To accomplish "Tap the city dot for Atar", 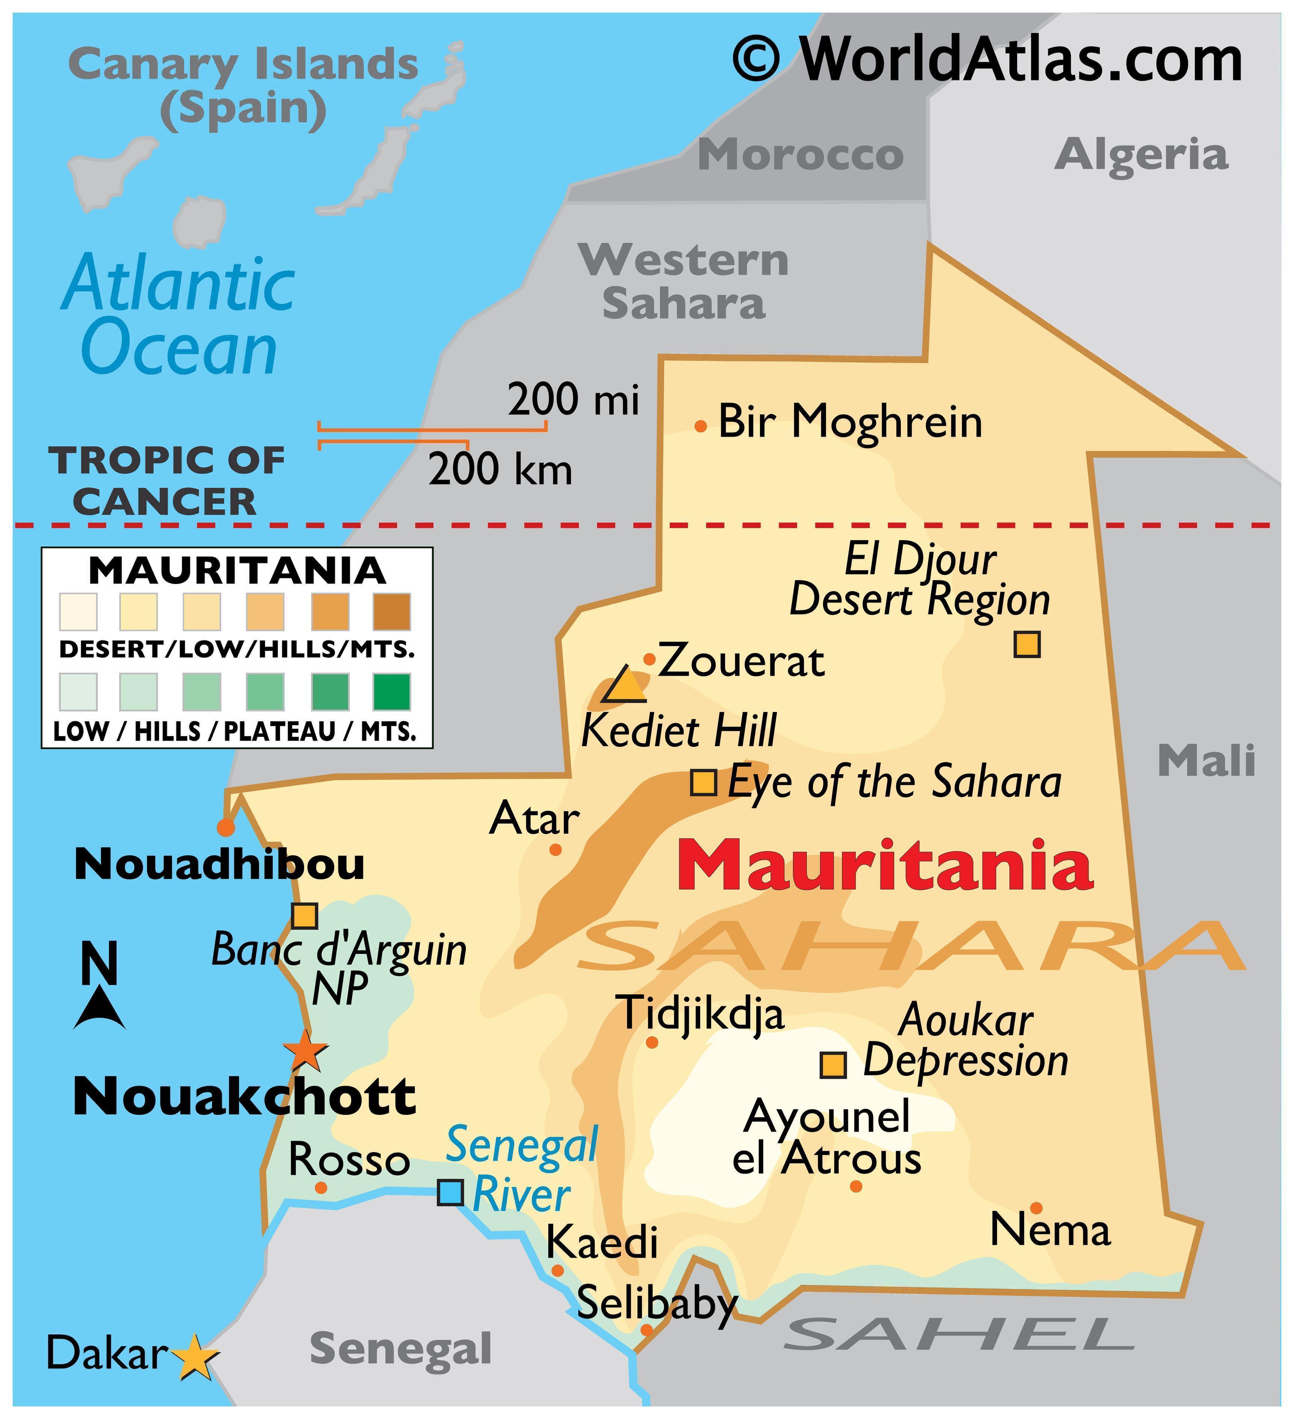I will click(555, 850).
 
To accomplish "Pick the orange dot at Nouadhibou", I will click(225, 827).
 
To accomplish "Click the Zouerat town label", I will click(741, 662).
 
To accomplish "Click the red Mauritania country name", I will click(885, 865).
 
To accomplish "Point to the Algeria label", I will click(1141, 155).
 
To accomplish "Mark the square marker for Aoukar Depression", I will click(833, 1064).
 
